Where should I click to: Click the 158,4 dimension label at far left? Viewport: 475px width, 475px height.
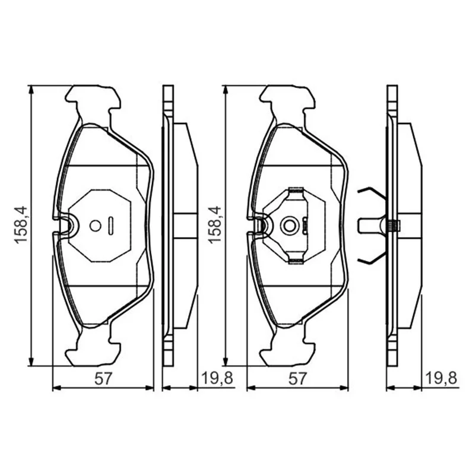21,225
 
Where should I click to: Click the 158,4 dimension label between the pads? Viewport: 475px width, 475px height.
214,225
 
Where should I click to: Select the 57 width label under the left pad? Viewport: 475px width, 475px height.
103,379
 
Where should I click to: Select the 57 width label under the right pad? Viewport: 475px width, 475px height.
297,379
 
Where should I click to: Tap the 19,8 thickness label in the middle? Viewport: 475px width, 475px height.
217,379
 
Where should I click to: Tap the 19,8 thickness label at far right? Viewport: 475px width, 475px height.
441,379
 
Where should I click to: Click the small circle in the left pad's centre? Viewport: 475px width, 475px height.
96,226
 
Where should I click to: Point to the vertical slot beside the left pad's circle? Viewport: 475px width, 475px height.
111,226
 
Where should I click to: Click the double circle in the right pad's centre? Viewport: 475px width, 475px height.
290,226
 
